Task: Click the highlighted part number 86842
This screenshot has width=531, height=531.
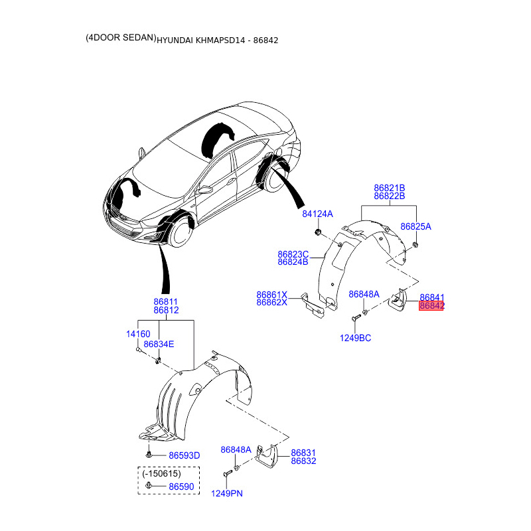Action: pyautogui.click(x=431, y=306)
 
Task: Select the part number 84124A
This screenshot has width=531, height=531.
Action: pyautogui.click(x=317, y=214)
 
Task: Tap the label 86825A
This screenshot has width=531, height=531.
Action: pyautogui.click(x=416, y=226)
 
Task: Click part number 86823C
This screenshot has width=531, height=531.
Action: pyautogui.click(x=293, y=254)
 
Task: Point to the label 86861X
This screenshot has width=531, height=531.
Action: pyautogui.click(x=271, y=294)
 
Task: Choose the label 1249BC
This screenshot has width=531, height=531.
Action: pyautogui.click(x=356, y=338)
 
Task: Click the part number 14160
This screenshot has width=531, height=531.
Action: pyautogui.click(x=138, y=335)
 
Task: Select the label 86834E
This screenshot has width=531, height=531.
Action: pyautogui.click(x=159, y=344)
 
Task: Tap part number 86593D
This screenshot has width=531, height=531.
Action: pyautogui.click(x=184, y=456)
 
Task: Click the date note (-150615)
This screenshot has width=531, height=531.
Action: pyautogui.click(x=159, y=473)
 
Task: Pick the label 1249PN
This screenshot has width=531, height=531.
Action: pyautogui.click(x=227, y=493)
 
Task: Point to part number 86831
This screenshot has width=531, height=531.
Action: pyautogui.click(x=303, y=452)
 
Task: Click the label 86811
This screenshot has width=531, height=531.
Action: pyautogui.click(x=165, y=301)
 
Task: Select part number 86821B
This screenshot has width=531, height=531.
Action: pyautogui.click(x=389, y=188)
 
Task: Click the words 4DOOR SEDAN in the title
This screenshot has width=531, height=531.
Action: pyautogui.click(x=120, y=39)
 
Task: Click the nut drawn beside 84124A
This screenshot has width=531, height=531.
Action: pyautogui.click(x=317, y=232)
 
